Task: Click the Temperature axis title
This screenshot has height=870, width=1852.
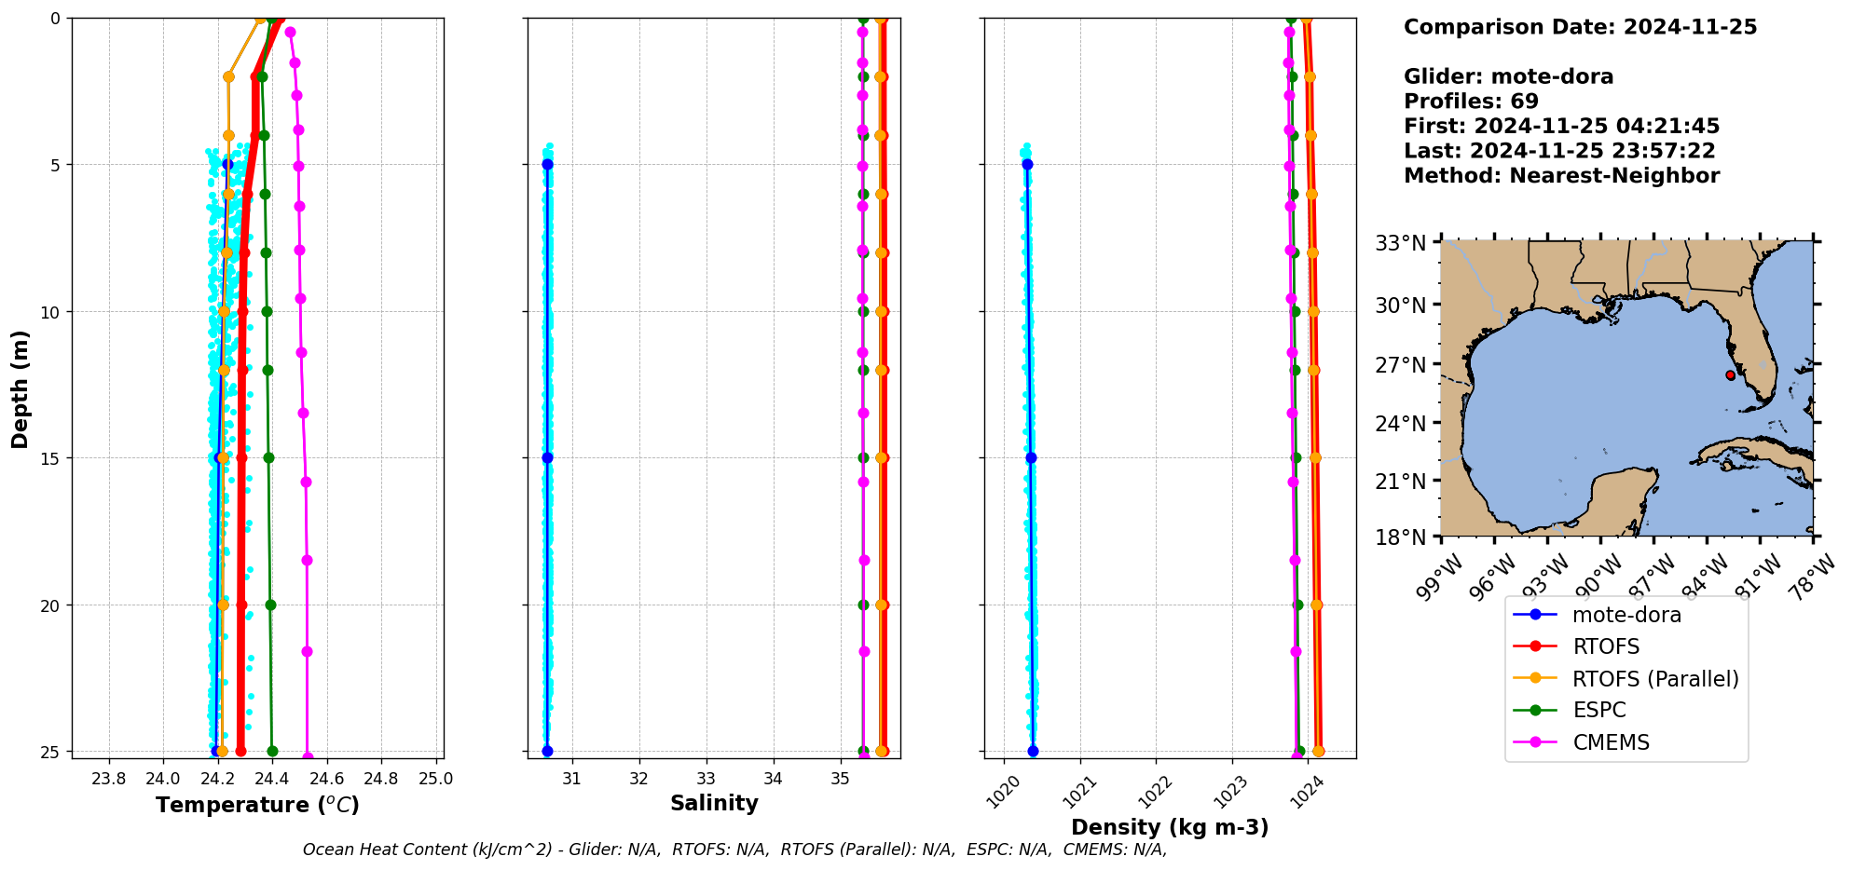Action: [257, 805]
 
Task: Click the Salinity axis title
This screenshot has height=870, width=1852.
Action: [714, 803]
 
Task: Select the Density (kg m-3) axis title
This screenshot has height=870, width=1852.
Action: [1170, 827]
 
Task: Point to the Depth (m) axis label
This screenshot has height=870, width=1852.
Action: [21, 388]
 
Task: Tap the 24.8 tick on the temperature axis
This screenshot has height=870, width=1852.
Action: [380, 779]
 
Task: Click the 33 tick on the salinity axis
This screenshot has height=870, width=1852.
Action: [707, 779]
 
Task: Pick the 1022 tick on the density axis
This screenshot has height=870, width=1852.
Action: [1152, 791]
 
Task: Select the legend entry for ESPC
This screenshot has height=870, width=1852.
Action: [1598, 710]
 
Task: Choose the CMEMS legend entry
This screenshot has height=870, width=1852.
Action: [1611, 742]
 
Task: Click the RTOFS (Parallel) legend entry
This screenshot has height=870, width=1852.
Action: [1655, 679]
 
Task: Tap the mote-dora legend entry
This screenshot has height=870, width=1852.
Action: [1626, 615]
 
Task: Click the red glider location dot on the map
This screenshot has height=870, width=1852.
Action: [1731, 375]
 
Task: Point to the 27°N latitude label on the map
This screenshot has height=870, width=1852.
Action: [1401, 365]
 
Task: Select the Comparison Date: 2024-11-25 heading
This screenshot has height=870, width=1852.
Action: [1580, 27]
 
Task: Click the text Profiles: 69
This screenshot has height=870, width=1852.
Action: [1471, 102]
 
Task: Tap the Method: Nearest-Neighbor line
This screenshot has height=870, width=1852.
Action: [1561, 175]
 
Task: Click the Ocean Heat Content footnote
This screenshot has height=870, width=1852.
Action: [734, 850]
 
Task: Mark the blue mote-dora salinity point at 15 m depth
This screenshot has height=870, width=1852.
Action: [547, 457]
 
